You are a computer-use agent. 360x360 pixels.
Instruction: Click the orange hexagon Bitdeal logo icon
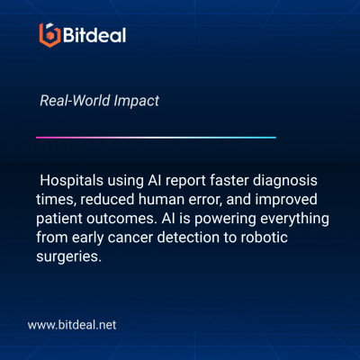[x=49, y=35]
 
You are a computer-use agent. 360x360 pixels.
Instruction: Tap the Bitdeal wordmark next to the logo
[x=94, y=35]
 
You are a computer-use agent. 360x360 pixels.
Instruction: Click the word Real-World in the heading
[x=75, y=100]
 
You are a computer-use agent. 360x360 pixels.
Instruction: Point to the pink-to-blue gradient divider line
[x=156, y=138]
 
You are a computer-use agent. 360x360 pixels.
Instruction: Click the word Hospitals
[x=71, y=181]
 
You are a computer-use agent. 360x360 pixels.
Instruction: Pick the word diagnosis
[x=285, y=181]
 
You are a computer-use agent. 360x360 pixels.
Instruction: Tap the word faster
[x=229, y=180]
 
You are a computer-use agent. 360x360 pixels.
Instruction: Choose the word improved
[x=286, y=200]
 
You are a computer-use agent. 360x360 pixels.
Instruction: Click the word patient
[x=59, y=219]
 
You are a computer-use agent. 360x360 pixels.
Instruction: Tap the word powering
[x=225, y=219]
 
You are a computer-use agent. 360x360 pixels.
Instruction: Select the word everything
[x=294, y=219]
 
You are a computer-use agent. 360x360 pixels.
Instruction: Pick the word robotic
[x=265, y=238]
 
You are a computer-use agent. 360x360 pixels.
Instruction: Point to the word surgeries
[x=69, y=257]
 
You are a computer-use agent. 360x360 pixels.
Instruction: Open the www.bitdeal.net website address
[x=72, y=325]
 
